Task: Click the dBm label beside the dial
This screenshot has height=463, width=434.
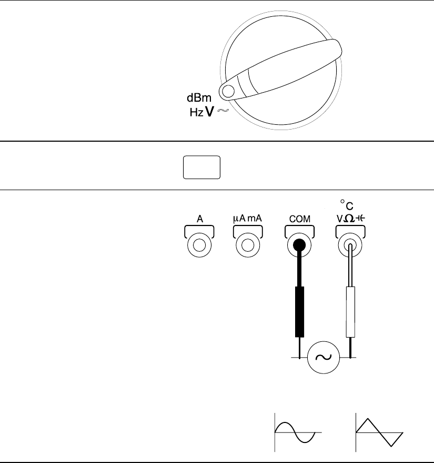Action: (x=200, y=98)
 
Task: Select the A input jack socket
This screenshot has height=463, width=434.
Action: (x=200, y=245)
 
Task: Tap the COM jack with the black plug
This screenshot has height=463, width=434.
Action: (x=299, y=245)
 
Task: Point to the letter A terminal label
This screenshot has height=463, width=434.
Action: (x=200, y=217)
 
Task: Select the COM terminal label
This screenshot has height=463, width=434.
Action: (x=299, y=217)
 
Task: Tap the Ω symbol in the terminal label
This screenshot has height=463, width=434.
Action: (x=350, y=217)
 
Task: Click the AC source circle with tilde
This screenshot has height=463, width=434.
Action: (x=322, y=357)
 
